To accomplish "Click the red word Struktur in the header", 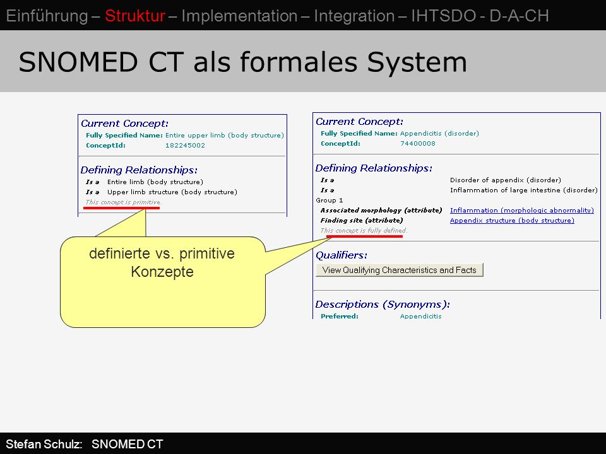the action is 135,16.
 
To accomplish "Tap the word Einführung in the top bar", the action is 47,16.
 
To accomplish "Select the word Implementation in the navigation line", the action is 240,16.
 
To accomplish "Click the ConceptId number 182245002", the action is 185,146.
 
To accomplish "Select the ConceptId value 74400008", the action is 418,144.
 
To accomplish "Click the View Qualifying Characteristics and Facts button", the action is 400,270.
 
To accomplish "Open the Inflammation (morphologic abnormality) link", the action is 522,211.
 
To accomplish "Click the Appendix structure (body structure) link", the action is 512,221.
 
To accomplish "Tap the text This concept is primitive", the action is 124,202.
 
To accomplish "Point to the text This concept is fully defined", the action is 364,231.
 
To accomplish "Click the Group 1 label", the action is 330,201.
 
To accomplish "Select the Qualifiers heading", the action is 342,255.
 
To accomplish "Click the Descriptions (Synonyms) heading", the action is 383,304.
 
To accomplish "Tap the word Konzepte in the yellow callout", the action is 162,272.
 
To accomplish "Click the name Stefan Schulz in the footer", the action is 44,444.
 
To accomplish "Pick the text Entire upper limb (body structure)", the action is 225,136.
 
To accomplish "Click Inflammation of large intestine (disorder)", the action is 524,190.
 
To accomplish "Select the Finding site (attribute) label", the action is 362,221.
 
